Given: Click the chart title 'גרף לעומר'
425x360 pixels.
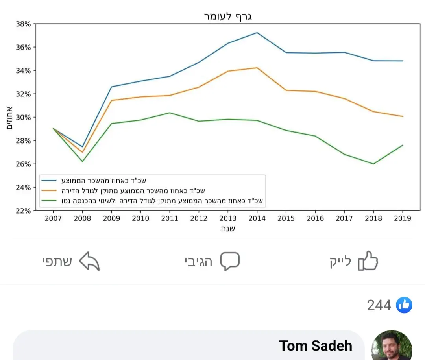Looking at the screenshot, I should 228,17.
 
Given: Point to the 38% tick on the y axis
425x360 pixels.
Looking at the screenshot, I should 23,24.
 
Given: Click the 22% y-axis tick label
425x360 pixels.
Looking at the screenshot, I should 23,210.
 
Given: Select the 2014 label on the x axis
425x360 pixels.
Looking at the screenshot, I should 257,218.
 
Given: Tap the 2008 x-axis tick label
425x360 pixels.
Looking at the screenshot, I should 82,218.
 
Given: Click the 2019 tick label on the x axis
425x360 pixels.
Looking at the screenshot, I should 403,218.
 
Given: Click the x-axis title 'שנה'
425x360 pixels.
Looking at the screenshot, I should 228,229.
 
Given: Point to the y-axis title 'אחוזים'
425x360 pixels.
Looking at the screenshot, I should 9,117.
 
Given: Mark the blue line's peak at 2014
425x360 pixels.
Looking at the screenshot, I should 257,33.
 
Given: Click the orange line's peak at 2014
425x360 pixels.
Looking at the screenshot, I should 257,68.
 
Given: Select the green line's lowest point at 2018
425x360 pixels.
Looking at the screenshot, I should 373,164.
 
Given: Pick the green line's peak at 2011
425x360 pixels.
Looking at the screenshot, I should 170,113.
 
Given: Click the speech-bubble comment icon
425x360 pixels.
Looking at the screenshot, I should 230,261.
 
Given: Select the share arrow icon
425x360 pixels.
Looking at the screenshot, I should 89,261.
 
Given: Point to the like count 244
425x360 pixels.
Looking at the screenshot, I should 379,305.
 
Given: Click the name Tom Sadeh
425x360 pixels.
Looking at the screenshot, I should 316,346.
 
